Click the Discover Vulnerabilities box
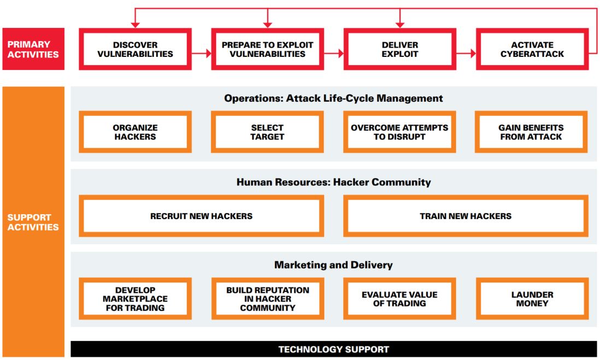click(135, 50)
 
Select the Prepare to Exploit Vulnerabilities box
click(267, 50)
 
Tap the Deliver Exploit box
click(399, 50)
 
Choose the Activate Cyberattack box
click(532, 50)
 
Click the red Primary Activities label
click(33, 49)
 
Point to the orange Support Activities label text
click(33, 222)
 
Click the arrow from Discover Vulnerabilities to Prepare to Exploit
click(202, 54)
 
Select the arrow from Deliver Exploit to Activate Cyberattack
click(466, 54)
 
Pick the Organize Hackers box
click(135, 132)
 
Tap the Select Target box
click(267, 132)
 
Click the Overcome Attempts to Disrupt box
click(399, 132)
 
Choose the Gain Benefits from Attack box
click(531, 132)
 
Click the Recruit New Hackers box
click(201, 216)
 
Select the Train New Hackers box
click(466, 216)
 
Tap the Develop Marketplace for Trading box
click(135, 299)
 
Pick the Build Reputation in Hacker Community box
click(267, 299)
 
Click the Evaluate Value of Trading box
click(399, 299)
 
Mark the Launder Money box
click(532, 299)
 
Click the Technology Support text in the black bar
click(333, 350)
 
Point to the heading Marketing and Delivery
click(333, 265)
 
